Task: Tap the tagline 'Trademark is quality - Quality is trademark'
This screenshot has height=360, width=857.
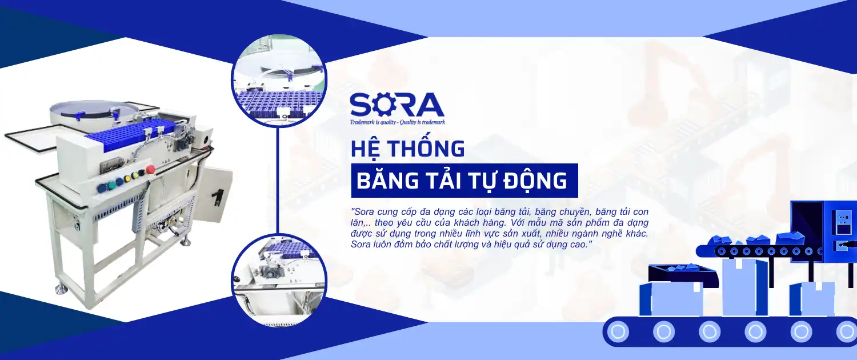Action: [398, 122]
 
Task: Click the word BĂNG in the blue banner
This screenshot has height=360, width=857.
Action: [387, 180]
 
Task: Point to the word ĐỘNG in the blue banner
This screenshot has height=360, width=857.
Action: [535, 181]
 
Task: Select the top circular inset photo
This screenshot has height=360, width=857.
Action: [279, 80]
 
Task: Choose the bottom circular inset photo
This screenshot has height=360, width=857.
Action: [279, 281]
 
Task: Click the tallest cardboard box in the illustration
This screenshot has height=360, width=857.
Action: [744, 287]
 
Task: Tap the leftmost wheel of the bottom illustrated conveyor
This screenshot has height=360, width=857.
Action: [618, 331]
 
